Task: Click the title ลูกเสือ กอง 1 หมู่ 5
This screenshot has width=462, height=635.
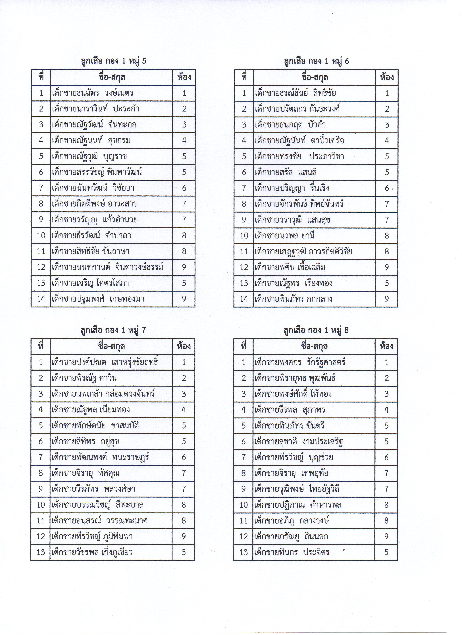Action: click(114, 61)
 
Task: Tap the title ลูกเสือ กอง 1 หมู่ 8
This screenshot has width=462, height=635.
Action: click(316, 330)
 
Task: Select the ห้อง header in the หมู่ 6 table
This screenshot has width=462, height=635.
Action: click(387, 77)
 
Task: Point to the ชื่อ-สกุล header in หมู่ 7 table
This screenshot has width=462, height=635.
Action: click(111, 346)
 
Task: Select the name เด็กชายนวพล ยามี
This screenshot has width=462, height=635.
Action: click(285, 235)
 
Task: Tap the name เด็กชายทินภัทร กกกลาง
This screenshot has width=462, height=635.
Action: click(294, 299)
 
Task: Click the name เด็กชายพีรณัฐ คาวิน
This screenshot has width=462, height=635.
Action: click(84, 378)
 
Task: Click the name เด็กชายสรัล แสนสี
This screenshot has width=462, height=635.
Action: click(286, 172)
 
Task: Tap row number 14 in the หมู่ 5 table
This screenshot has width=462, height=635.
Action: click(41, 299)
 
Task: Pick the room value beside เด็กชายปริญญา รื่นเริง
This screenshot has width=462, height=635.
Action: click(387, 188)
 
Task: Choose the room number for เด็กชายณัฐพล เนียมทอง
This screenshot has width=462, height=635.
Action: click(184, 410)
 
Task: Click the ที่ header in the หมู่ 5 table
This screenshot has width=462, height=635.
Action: click(41, 77)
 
